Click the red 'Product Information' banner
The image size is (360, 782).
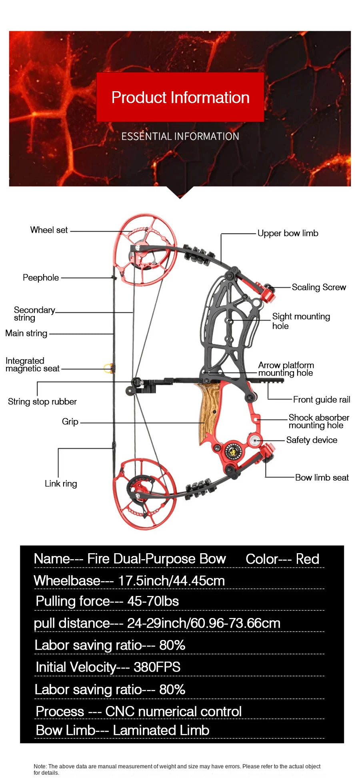180,97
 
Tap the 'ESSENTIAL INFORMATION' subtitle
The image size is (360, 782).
180,136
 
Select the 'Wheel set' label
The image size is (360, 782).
49,230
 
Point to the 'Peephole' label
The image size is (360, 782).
40,278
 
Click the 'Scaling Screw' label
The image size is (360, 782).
318,287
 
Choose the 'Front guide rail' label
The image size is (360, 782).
321,400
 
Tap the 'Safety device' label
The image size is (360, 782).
312,440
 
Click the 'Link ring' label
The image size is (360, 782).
61,484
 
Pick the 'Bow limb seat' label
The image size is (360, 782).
322,478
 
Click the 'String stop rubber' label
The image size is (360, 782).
42,402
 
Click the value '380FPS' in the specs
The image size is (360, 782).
157,667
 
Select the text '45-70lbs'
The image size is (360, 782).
153,601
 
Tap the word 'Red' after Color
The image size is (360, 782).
307,559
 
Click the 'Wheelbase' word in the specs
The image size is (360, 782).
67,581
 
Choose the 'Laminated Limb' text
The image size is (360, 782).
161,730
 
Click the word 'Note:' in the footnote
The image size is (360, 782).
40,766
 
